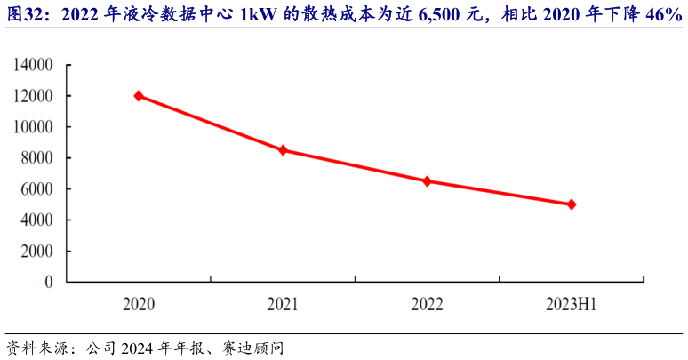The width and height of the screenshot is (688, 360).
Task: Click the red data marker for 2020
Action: pos(139,95)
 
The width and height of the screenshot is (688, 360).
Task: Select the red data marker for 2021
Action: pos(283,150)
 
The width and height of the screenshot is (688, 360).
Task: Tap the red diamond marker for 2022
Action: pos(427,180)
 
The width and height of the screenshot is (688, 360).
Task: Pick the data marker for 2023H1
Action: pos(571,204)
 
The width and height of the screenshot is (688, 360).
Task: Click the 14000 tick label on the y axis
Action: pos(34,66)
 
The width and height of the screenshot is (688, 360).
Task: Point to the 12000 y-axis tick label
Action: pos(34,96)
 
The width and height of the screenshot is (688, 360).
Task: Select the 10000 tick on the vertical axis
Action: pos(34,127)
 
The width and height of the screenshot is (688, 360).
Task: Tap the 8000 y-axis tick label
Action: pos(37,158)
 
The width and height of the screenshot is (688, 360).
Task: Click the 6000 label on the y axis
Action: pos(37,189)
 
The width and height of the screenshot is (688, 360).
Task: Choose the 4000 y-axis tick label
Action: pos(37,220)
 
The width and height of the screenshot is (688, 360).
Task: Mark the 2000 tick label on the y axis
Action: pos(37,251)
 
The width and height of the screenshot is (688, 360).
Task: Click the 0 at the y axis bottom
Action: pos(50,282)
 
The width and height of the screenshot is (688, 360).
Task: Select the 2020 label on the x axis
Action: pos(139,305)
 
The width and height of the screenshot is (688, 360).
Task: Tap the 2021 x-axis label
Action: pos(283,305)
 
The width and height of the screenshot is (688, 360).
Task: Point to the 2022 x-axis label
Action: pos(427,305)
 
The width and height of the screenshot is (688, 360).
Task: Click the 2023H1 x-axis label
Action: pos(571,305)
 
